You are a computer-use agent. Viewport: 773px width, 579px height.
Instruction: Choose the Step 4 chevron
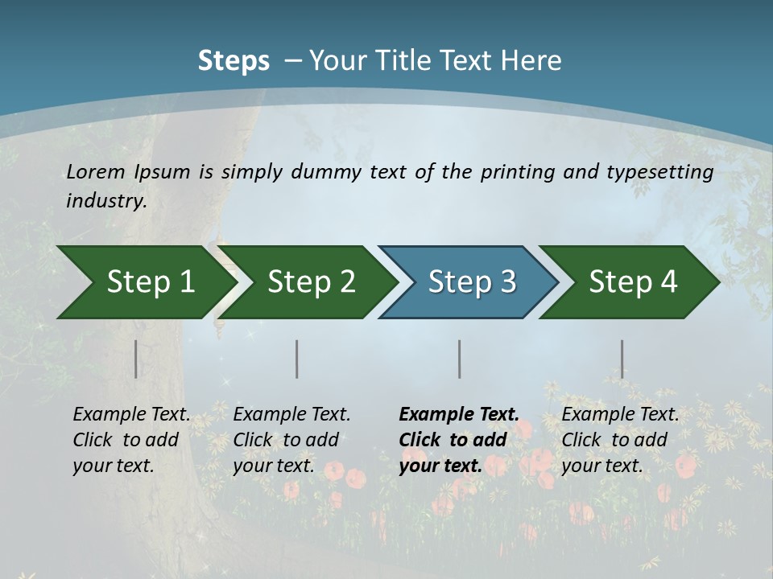[633, 282]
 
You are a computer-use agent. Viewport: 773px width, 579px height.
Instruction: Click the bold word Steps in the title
[234, 61]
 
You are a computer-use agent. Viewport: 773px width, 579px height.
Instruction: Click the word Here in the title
[530, 61]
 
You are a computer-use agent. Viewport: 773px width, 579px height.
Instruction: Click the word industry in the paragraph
[105, 201]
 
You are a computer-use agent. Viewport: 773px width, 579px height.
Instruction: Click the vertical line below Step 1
[136, 359]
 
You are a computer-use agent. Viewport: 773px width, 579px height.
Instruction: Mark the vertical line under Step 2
[297, 359]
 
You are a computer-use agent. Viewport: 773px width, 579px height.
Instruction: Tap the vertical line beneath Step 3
[460, 359]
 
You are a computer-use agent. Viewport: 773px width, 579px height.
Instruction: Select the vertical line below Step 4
[622, 359]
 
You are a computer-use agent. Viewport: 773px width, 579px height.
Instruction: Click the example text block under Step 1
[131, 440]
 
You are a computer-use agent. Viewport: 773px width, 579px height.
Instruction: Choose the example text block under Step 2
[291, 440]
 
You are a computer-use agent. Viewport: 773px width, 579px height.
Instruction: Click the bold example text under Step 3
[458, 440]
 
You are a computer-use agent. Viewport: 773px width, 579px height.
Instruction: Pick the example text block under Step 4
[620, 440]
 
